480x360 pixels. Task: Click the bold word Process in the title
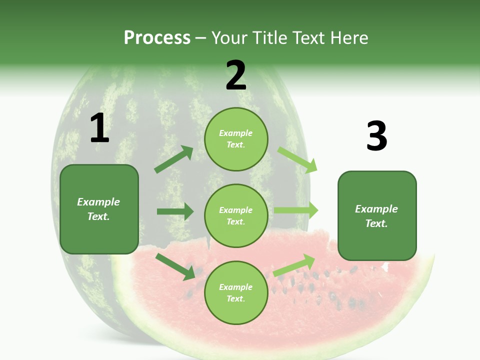coord(157,37)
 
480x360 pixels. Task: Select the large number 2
coord(236,75)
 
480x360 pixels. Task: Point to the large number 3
coord(376,136)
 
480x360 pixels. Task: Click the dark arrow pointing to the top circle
coord(174,159)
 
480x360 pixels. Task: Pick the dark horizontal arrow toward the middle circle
coord(175,211)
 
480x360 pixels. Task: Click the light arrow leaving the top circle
coord(297,159)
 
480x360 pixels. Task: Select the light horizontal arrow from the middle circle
coord(295,210)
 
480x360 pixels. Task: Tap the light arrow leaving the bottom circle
coord(294,265)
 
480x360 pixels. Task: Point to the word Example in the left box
coord(98,202)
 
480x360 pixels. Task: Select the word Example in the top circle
coord(236,133)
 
